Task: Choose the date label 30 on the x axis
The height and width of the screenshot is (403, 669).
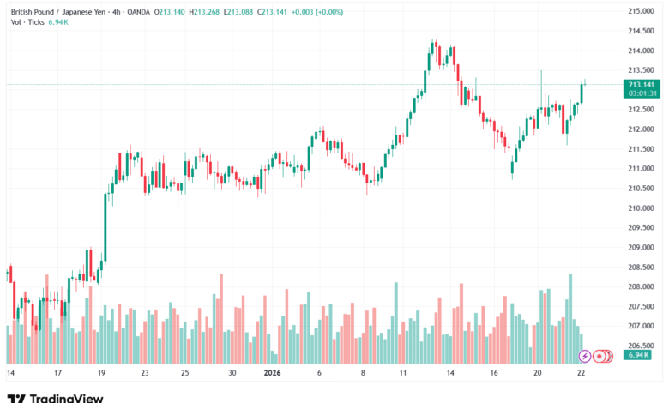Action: click(232, 374)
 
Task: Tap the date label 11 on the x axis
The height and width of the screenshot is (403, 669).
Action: click(402, 374)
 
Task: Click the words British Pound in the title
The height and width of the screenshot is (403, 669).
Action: click(31, 10)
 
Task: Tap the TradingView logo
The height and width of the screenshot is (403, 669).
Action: click(56, 397)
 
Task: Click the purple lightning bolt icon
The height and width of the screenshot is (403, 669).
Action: click(585, 355)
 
